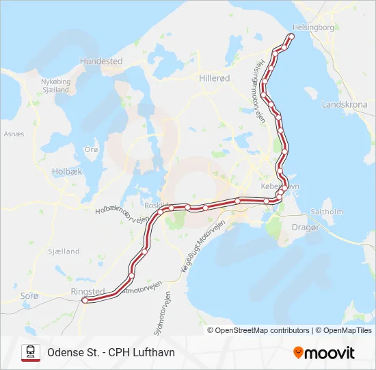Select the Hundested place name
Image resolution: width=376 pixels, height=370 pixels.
coord(101,61)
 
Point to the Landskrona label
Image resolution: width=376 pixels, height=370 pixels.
coord(344,105)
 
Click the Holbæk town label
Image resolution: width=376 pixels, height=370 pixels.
coord(67,171)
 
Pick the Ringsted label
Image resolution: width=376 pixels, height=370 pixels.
coord(88,291)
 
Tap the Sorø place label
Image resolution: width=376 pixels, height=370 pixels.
coord(30,295)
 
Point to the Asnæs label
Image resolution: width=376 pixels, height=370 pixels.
coord(14,134)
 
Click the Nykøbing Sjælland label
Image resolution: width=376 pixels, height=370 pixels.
coord(56,85)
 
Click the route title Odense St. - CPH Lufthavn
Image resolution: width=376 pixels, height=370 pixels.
coord(111,352)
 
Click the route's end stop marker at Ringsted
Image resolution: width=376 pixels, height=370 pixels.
coord(85,299)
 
